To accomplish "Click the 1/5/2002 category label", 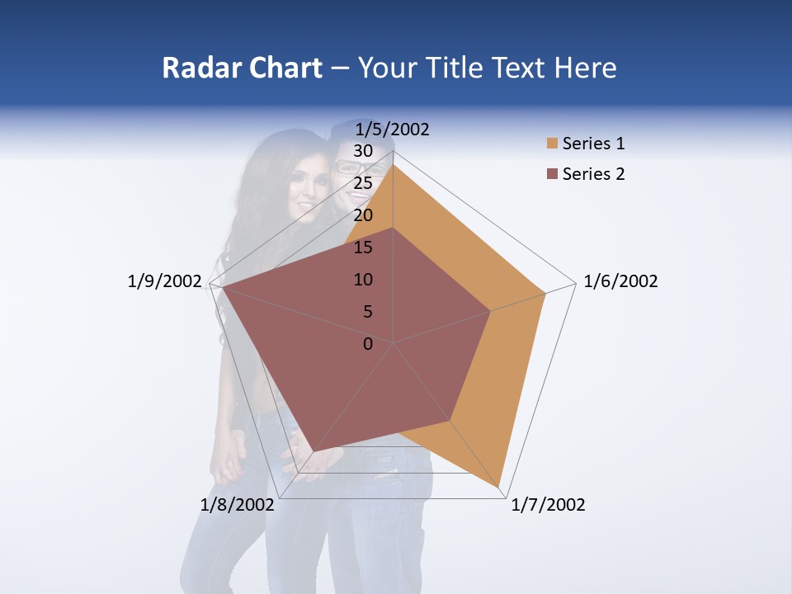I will click(x=392, y=130).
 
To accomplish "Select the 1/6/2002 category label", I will click(x=620, y=281).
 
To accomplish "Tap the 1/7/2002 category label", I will click(x=548, y=505).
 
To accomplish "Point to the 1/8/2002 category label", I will click(x=237, y=505).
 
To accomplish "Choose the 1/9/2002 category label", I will click(x=165, y=281).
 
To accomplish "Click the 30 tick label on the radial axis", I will click(x=362, y=151).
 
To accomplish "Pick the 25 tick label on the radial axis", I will click(x=362, y=183).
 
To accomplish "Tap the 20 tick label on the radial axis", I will click(x=362, y=215).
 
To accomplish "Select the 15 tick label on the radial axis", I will click(x=362, y=247).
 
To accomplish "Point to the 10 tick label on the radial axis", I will click(x=362, y=280).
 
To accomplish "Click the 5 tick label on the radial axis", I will click(x=367, y=312).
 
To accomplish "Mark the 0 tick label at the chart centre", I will click(x=368, y=344).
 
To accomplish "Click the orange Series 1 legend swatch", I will click(x=552, y=144).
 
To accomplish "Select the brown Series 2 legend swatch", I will click(x=552, y=174).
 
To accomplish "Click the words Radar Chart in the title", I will click(x=242, y=68).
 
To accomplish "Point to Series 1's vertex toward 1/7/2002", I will click(x=500, y=487).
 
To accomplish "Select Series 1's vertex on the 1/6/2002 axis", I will click(x=545, y=293).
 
